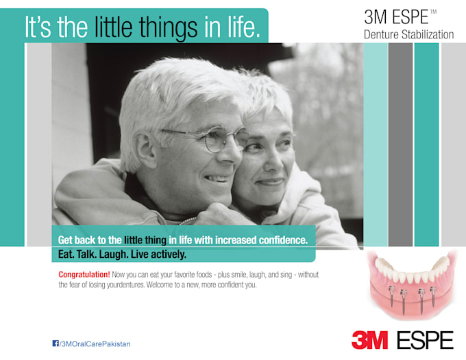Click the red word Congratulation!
coord(84,274)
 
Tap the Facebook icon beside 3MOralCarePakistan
coord(56,344)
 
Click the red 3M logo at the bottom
coord(369,340)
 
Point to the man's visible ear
coord(145,149)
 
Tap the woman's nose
coord(271,164)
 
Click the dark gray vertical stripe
coord(400,145)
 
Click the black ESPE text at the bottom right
coord(426,340)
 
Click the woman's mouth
coord(271,182)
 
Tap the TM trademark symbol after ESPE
coord(433,12)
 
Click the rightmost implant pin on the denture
coord(433,296)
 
